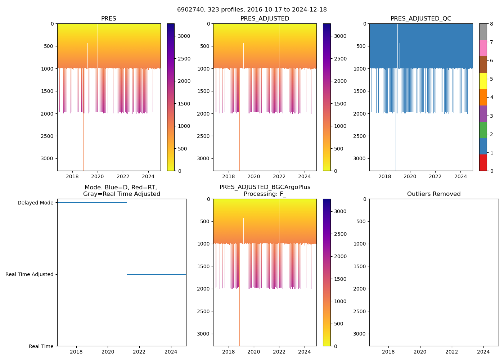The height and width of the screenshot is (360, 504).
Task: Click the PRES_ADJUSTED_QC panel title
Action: [420, 19]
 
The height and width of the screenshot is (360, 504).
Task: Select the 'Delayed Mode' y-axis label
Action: [35, 203]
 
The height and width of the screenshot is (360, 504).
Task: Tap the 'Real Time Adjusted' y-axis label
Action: [29, 274]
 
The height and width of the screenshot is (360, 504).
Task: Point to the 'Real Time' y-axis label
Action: [41, 346]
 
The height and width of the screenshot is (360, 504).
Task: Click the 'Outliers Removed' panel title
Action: [433, 194]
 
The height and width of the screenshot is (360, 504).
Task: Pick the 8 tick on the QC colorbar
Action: [491, 24]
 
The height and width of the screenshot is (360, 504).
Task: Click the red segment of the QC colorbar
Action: [483, 163]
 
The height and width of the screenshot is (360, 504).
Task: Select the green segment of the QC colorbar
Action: [483, 130]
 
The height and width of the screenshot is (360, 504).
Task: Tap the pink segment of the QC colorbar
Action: [483, 48]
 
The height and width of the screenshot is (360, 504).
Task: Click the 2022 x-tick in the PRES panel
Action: [123, 177]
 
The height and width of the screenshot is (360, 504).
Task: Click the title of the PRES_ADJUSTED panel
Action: [265, 19]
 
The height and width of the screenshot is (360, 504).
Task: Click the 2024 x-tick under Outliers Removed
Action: [483, 352]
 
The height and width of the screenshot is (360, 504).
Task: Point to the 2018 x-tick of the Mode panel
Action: [76, 352]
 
